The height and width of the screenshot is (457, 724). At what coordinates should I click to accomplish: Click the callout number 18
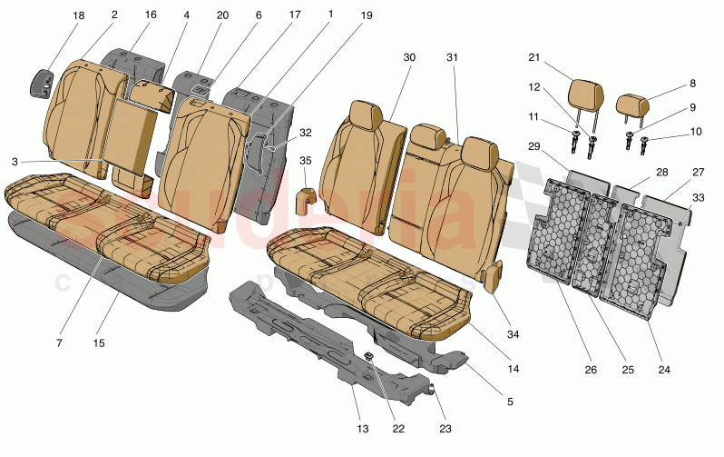tap(79, 16)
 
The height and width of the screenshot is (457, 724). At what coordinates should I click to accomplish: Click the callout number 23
tap(445, 428)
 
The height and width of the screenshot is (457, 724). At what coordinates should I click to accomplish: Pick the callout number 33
tap(698, 197)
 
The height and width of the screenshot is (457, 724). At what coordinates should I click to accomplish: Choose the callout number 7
tap(59, 343)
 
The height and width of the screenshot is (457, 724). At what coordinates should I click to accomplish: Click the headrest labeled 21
tap(585, 94)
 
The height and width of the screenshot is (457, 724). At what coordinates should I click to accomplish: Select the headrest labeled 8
tap(632, 103)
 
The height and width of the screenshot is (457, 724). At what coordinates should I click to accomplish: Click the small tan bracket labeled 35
tap(306, 199)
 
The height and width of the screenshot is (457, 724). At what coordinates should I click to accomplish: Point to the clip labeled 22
tap(370, 355)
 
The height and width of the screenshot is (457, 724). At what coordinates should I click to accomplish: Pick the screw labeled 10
tap(645, 142)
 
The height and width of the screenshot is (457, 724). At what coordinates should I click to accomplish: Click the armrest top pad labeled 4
tap(151, 94)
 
